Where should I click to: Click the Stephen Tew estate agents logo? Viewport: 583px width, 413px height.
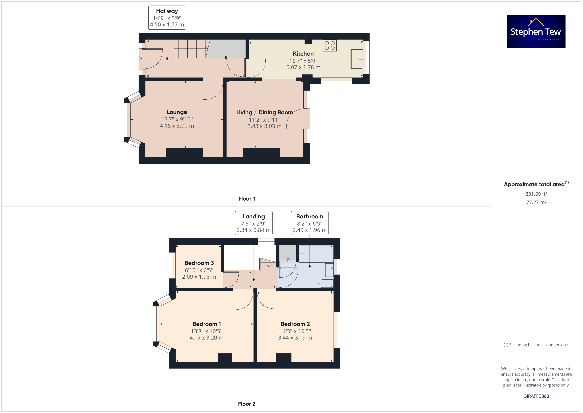(x=536, y=31)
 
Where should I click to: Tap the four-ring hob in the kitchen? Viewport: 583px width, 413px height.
(x=330, y=46)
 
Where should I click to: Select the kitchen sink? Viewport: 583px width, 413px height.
(x=357, y=59)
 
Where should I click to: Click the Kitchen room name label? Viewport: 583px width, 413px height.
(x=303, y=54)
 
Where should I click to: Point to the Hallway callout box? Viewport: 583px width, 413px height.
(x=167, y=18)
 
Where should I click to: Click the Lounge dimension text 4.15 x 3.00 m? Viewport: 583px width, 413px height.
(x=177, y=126)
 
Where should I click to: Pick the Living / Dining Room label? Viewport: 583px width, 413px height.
(x=264, y=112)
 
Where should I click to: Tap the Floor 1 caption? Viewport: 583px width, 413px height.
(x=247, y=199)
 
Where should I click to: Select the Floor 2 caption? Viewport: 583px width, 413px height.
(x=247, y=404)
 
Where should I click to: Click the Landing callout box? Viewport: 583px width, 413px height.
(x=254, y=223)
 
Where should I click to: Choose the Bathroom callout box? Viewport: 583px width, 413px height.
(x=310, y=223)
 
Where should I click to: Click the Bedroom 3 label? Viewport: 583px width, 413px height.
(x=199, y=263)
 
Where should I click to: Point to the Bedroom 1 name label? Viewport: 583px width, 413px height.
(x=207, y=324)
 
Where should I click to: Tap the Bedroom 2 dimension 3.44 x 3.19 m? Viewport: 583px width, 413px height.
(x=295, y=338)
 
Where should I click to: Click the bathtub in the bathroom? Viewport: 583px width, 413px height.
(x=316, y=253)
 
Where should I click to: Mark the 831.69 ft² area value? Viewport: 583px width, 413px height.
(x=536, y=194)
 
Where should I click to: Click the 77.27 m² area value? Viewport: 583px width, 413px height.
(x=536, y=202)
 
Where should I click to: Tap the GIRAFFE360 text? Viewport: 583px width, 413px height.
(x=536, y=396)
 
